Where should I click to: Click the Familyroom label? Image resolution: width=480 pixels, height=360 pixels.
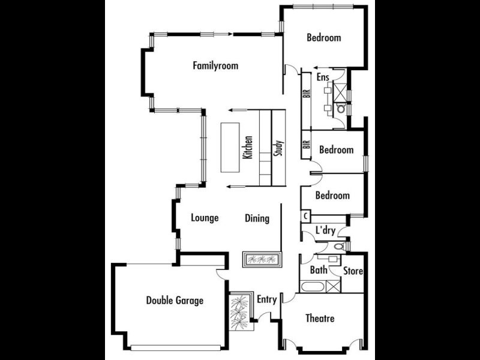215,65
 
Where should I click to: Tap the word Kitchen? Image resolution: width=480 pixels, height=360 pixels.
248,147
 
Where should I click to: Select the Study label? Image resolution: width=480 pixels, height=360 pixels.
278,148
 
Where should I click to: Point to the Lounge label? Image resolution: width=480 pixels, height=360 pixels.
205,218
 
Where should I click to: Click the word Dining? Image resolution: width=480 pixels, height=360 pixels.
257,218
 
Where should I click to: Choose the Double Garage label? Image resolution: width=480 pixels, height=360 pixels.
175,301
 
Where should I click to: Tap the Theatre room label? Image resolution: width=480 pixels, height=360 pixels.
319,318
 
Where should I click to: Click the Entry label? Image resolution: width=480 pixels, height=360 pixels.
266,299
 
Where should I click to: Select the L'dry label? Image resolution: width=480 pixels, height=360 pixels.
325,230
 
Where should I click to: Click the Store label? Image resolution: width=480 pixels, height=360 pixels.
353,271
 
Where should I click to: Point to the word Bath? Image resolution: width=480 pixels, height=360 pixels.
319,270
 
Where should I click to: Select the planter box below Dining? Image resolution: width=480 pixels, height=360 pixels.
262,260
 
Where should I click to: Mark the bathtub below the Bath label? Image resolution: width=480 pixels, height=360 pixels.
320,286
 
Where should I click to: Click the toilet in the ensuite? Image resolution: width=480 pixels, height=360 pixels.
341,109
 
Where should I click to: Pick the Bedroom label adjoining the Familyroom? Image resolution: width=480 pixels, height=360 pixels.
323,38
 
